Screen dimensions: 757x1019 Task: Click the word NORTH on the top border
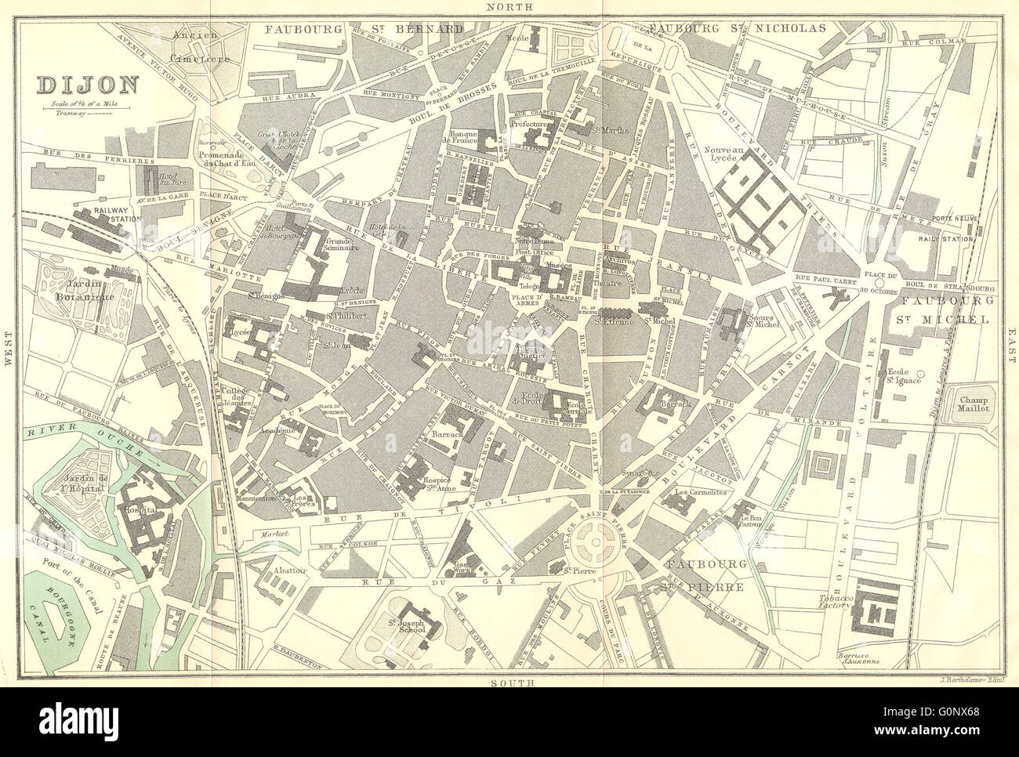click(x=510, y=6)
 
